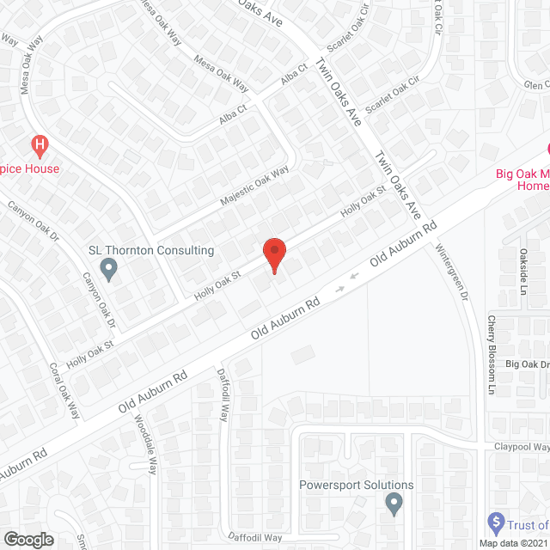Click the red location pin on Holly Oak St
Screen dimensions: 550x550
(274, 254)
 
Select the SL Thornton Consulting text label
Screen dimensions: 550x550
(151, 250)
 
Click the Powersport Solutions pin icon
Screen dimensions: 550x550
(394, 503)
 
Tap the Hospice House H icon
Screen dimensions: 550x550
(37, 147)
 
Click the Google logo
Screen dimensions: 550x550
(27, 540)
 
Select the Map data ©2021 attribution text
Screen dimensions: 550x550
(513, 543)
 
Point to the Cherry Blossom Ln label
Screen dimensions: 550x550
(492, 349)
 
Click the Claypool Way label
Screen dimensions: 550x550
(521, 447)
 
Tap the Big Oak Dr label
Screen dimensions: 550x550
(527, 365)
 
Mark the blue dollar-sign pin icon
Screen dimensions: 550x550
(495, 521)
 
